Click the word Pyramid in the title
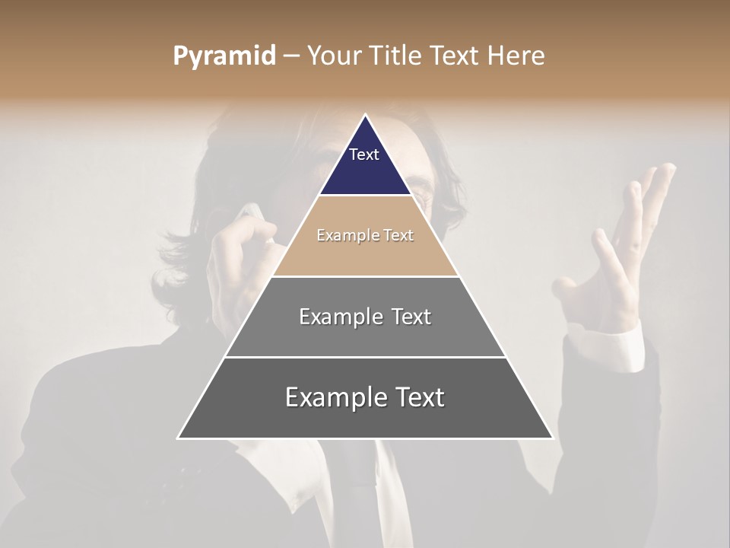224,56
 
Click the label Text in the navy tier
364,155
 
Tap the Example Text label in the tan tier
365,235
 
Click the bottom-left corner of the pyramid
179,438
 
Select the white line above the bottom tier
365,357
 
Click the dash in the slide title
291,56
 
